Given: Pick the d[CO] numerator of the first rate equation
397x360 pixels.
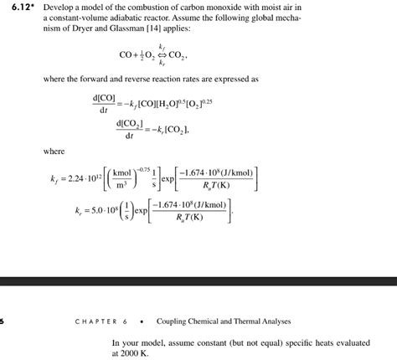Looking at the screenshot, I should pyautogui.click(x=106, y=99).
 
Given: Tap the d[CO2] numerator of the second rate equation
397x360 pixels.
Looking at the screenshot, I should pyautogui.click(x=131, y=124).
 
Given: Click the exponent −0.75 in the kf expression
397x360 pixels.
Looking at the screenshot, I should pyautogui.click(x=160, y=166).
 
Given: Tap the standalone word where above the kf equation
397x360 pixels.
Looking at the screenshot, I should pyautogui.click(x=55, y=152).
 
